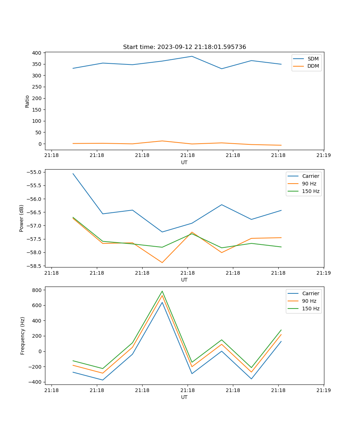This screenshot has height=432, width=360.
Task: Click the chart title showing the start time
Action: tap(184, 47)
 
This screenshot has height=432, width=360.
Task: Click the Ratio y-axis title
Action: tap(27, 101)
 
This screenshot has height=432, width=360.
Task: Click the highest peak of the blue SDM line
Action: tap(192, 56)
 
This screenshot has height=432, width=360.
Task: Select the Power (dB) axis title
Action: tap(22, 218)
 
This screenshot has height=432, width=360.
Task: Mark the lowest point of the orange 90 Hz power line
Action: tap(162, 262)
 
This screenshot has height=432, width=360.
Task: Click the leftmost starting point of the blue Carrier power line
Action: tap(73, 174)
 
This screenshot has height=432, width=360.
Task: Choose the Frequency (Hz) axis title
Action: tap(23, 336)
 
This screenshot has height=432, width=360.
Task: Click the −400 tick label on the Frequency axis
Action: tap(36, 382)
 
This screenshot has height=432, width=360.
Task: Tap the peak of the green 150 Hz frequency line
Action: tap(162, 291)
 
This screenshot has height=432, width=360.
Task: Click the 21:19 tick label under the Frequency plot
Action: tap(324, 390)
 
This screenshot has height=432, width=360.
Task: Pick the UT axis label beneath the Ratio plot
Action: tap(184, 162)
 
